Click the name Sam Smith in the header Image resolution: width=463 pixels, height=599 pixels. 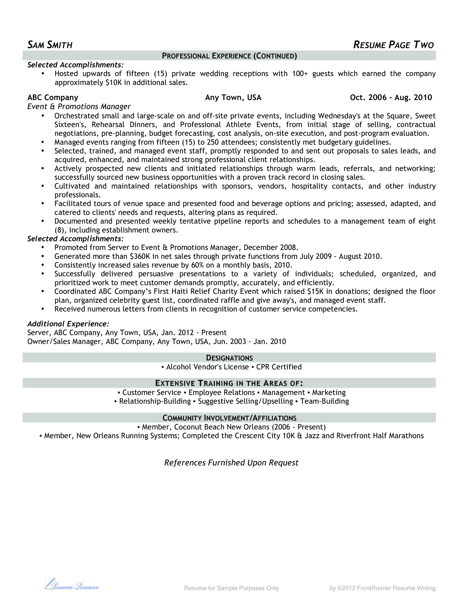[50, 45]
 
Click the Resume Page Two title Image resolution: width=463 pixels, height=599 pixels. [393, 45]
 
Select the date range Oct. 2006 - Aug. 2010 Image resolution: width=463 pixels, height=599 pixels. [391, 97]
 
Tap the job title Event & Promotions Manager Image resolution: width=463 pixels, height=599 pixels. [79, 106]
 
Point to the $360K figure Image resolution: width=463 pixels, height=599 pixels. [140, 256]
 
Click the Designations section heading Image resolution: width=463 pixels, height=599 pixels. [229, 358]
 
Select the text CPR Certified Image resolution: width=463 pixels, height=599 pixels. [279, 367]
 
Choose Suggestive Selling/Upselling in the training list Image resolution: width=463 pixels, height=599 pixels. [245, 401]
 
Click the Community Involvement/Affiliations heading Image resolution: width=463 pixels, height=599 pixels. [229, 418]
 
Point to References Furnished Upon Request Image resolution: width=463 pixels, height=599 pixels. [231, 463]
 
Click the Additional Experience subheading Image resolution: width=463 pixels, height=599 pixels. [68, 324]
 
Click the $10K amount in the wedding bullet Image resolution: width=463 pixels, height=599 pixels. [113, 83]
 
